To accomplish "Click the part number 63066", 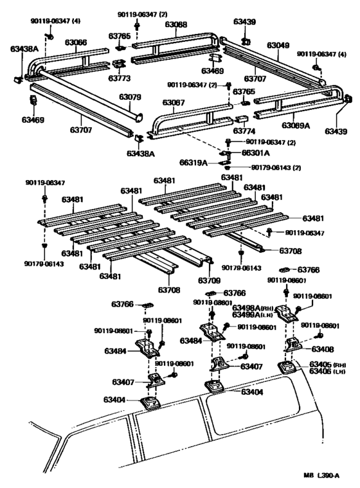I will click(76, 42).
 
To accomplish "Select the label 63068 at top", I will click(175, 24).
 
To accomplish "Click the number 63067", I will click(173, 102).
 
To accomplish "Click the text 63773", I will click(119, 78).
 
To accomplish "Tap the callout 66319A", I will click(194, 163).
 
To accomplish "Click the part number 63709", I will click(209, 280).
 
